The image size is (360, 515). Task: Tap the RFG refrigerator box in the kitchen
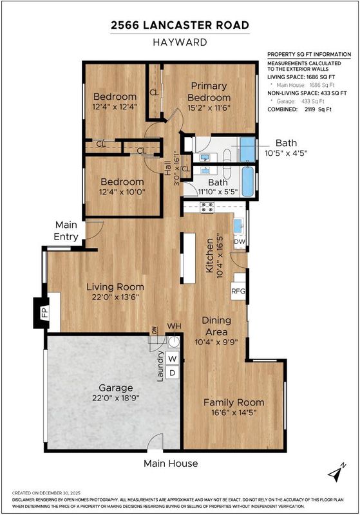238,291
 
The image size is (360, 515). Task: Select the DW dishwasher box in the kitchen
240,242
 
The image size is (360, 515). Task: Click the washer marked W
173,359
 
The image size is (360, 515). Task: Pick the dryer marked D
173,373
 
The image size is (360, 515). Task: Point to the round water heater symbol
173,342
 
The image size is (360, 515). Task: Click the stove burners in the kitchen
207,207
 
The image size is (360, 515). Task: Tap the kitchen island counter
189,258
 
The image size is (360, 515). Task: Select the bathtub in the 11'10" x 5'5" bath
249,182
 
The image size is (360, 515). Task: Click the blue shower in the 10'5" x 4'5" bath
248,149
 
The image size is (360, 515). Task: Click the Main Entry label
66,231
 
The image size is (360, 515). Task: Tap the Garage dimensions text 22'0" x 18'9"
116,398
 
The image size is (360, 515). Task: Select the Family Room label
234,402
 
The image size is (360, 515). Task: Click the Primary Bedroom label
209,91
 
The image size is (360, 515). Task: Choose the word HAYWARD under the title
180,42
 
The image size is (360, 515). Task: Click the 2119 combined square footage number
310,109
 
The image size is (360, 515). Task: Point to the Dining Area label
216,326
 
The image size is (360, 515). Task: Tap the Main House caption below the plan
171,464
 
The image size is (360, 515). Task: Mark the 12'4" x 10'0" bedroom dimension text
122,192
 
